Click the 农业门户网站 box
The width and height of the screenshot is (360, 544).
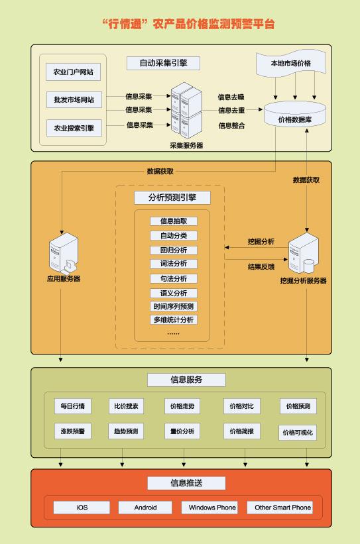(x=73, y=72)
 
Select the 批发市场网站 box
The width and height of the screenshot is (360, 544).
(x=74, y=99)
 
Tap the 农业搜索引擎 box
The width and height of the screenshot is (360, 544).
(x=74, y=128)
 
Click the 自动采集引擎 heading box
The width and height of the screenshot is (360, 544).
(x=163, y=63)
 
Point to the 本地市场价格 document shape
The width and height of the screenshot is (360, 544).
(x=291, y=63)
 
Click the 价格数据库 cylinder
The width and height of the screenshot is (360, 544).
(x=295, y=114)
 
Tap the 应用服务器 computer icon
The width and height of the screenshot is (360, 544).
(x=64, y=253)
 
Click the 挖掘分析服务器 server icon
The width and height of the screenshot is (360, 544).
(x=303, y=253)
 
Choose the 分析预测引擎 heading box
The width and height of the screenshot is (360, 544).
(x=172, y=197)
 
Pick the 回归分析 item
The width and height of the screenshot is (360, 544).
(x=174, y=250)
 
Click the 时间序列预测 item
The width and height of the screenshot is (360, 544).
(x=174, y=306)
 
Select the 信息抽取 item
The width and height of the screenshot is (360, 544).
(x=174, y=221)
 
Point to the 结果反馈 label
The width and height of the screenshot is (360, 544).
(x=261, y=266)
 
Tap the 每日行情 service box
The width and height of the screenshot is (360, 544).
(x=72, y=406)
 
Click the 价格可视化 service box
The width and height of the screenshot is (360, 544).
(x=298, y=433)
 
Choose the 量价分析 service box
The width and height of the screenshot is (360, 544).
(x=182, y=431)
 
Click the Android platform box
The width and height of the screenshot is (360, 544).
(x=145, y=508)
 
